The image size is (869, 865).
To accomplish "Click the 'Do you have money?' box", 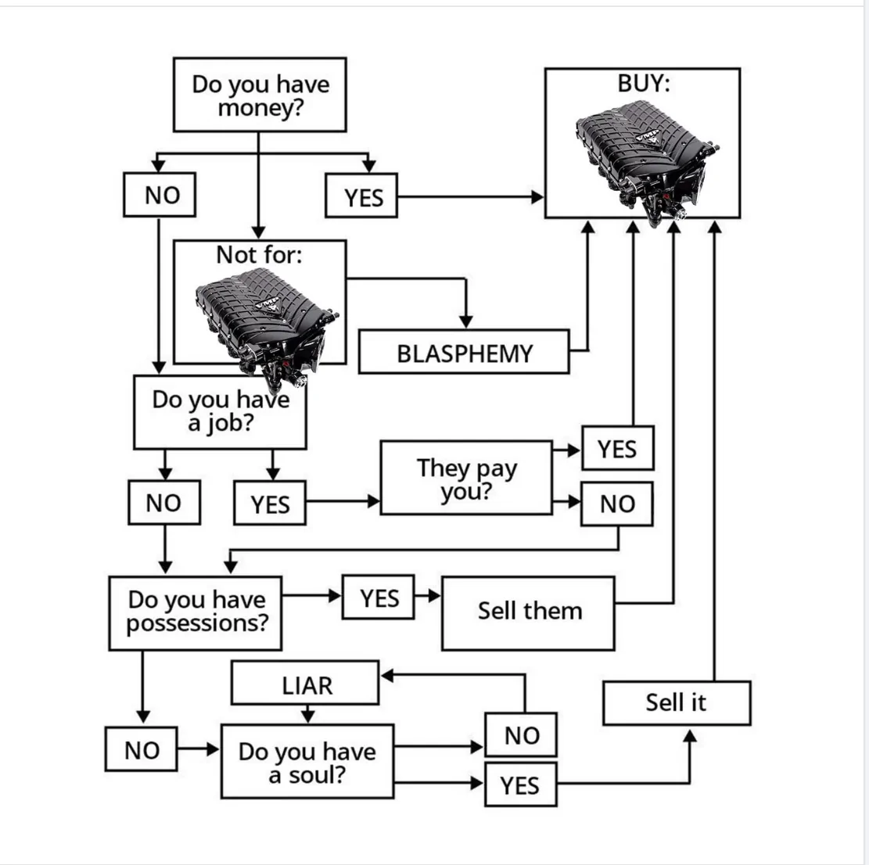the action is [x=260, y=95].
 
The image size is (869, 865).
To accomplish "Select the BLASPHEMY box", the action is [x=464, y=352].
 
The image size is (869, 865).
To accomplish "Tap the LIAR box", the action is [x=305, y=683].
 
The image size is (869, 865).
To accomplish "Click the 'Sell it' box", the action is [x=677, y=703].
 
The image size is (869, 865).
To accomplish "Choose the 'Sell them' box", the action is [x=528, y=613].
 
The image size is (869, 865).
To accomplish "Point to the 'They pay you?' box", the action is [x=466, y=478].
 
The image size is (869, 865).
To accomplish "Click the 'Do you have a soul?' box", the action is [x=307, y=762].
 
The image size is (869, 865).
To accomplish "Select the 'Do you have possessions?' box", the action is [x=195, y=613].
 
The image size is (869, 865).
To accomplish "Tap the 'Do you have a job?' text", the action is [x=221, y=411].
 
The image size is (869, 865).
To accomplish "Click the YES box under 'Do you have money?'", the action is [x=361, y=196].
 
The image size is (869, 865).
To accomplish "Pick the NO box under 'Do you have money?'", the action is [x=160, y=195].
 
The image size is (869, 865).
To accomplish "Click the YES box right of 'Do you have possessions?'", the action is [x=379, y=597].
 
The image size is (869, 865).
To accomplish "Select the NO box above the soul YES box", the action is [x=521, y=734].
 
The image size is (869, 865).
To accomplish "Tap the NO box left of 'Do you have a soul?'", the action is [x=142, y=749].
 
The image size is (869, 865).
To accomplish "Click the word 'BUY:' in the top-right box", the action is [x=644, y=83].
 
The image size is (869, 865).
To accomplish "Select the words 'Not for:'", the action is [x=260, y=255].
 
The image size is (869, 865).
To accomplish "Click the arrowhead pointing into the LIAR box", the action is [x=387, y=676].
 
